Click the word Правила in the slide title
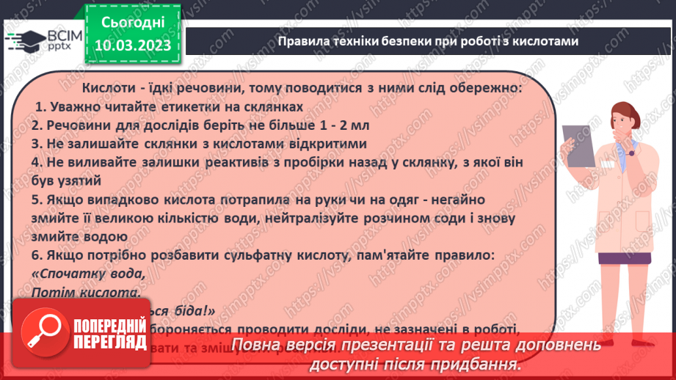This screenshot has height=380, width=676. point(300,42)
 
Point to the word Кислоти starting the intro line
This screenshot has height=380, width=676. point(109,88)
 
